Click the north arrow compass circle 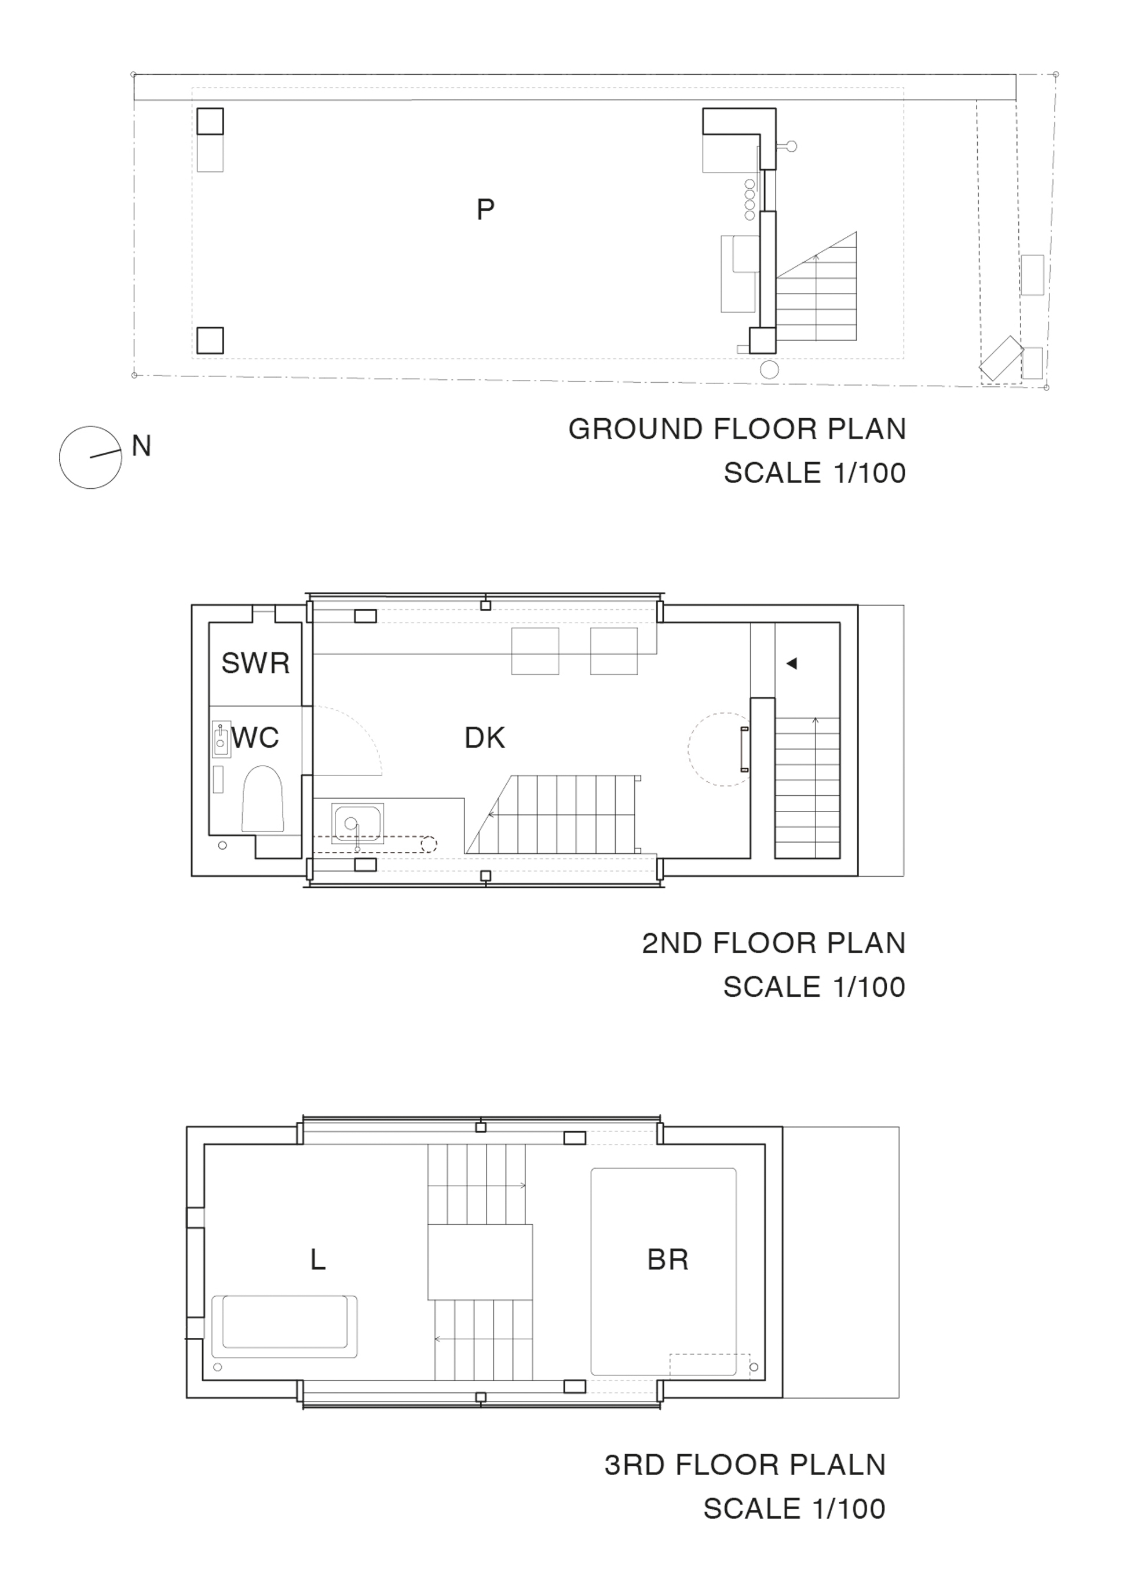click(60, 458)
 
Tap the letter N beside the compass click(141, 447)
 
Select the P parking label click(485, 209)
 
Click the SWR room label click(255, 663)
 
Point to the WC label click(255, 738)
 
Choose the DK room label click(484, 738)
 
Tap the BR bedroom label click(668, 1279)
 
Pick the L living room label click(318, 1280)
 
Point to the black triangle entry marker click(791, 664)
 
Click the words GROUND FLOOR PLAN click(737, 429)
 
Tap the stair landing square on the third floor click(480, 1263)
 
